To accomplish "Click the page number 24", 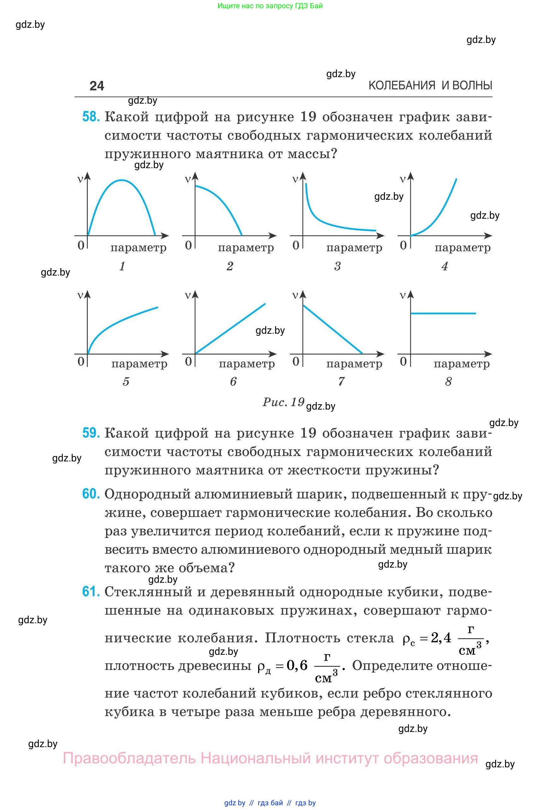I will pos(97,86).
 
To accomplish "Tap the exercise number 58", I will pos(91,117).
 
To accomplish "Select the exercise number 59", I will pos(91,433).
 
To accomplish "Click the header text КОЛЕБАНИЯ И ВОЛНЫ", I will pos(430,85).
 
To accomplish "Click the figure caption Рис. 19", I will pos(283,402).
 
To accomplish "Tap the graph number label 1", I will pos(122,266).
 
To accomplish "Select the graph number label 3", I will pos(337,266).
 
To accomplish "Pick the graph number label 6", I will pos(233,381).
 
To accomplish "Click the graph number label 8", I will pos(448,381).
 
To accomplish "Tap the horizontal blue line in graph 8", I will pos(443,314).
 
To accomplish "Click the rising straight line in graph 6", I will pos(231,329).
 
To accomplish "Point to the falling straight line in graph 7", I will pos(333,329).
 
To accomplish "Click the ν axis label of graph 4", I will pos(402,179).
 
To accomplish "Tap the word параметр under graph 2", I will pos(246,247).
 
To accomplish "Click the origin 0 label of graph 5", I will pos(81,361).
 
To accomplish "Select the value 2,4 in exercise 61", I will pos(441,638).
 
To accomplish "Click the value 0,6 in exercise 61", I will pos(297,665).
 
